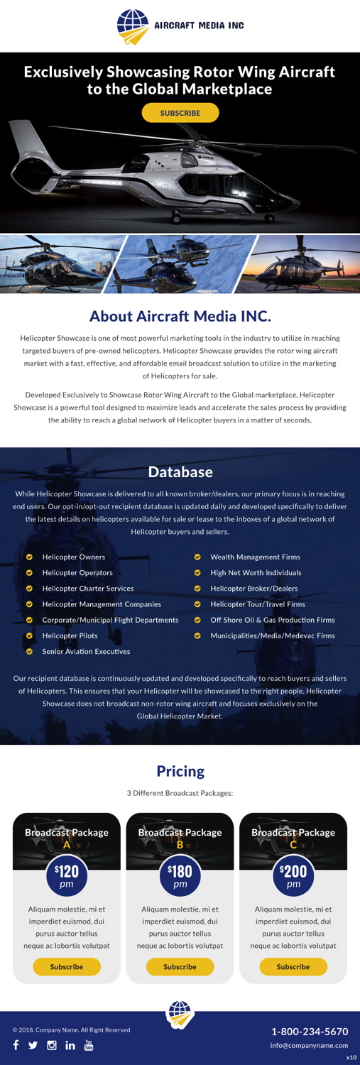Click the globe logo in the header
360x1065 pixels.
(x=133, y=26)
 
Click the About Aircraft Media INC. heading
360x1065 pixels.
(x=180, y=316)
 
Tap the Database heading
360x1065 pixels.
(x=180, y=472)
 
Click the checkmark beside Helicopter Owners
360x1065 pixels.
(x=29, y=557)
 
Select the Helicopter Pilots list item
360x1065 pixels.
(x=70, y=635)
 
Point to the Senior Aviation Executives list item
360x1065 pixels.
(x=86, y=651)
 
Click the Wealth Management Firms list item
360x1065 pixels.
(x=255, y=557)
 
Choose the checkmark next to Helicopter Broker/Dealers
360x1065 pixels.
(x=197, y=589)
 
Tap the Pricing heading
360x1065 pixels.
(x=180, y=771)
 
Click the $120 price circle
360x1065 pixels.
(x=67, y=875)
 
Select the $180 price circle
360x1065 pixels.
(x=180, y=875)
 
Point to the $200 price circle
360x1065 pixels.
(x=293, y=875)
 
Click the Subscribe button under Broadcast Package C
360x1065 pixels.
(x=293, y=966)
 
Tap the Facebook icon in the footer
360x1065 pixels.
(x=16, y=1045)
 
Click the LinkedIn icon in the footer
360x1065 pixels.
(x=70, y=1045)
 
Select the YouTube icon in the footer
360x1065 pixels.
(x=89, y=1045)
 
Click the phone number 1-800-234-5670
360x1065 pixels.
(x=310, y=1032)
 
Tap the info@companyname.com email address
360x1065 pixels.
(x=309, y=1045)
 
